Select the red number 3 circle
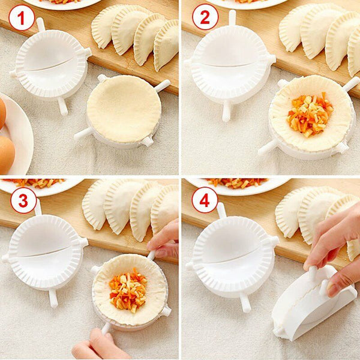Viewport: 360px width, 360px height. (22, 200)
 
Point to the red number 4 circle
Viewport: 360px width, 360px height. (205, 200)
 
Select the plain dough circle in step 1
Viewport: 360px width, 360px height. (123, 108)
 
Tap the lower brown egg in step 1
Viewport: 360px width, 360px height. (5, 153)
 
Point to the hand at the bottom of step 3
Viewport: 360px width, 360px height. (93, 345)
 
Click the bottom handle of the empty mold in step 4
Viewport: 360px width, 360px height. (245, 302)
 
